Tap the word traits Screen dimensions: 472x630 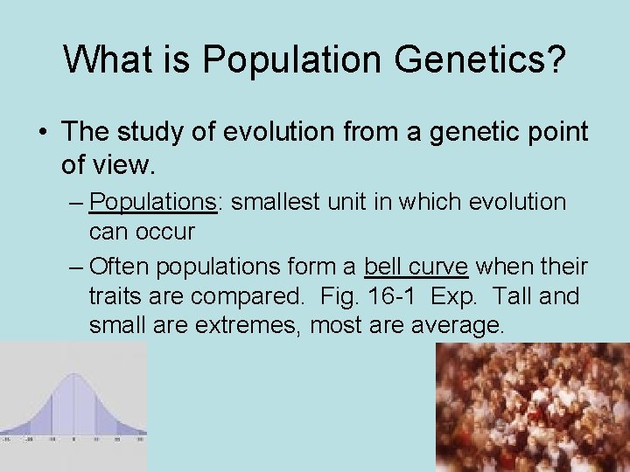(120, 296)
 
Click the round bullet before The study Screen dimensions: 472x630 (42, 133)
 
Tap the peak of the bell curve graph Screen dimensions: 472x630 (73, 377)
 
